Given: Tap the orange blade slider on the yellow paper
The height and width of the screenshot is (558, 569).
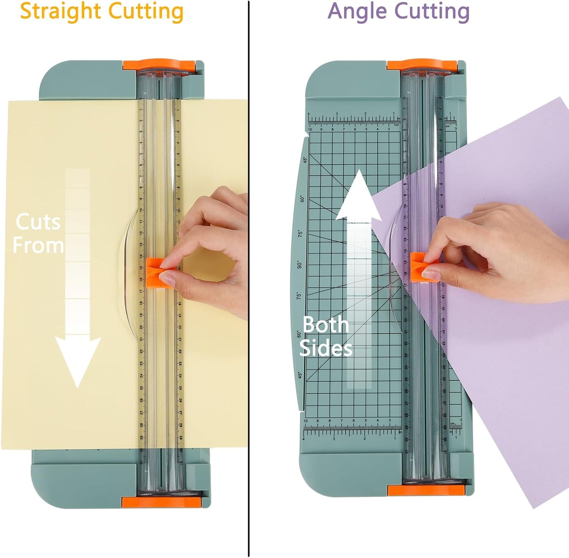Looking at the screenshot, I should (x=157, y=272).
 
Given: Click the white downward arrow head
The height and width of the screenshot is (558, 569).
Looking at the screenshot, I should (x=78, y=361).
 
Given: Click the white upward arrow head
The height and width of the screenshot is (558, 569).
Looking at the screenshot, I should (x=358, y=196).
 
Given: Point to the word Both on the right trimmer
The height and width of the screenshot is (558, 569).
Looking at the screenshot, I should (x=326, y=325).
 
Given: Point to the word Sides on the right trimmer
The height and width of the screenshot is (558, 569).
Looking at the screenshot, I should (x=326, y=349).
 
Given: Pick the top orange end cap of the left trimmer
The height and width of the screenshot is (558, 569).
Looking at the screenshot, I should (x=159, y=65).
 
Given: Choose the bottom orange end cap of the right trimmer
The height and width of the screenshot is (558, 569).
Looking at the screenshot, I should (x=426, y=490).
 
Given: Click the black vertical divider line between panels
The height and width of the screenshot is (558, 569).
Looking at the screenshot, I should (x=249, y=276).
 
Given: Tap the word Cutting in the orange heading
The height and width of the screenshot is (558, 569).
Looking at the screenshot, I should (x=146, y=11).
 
